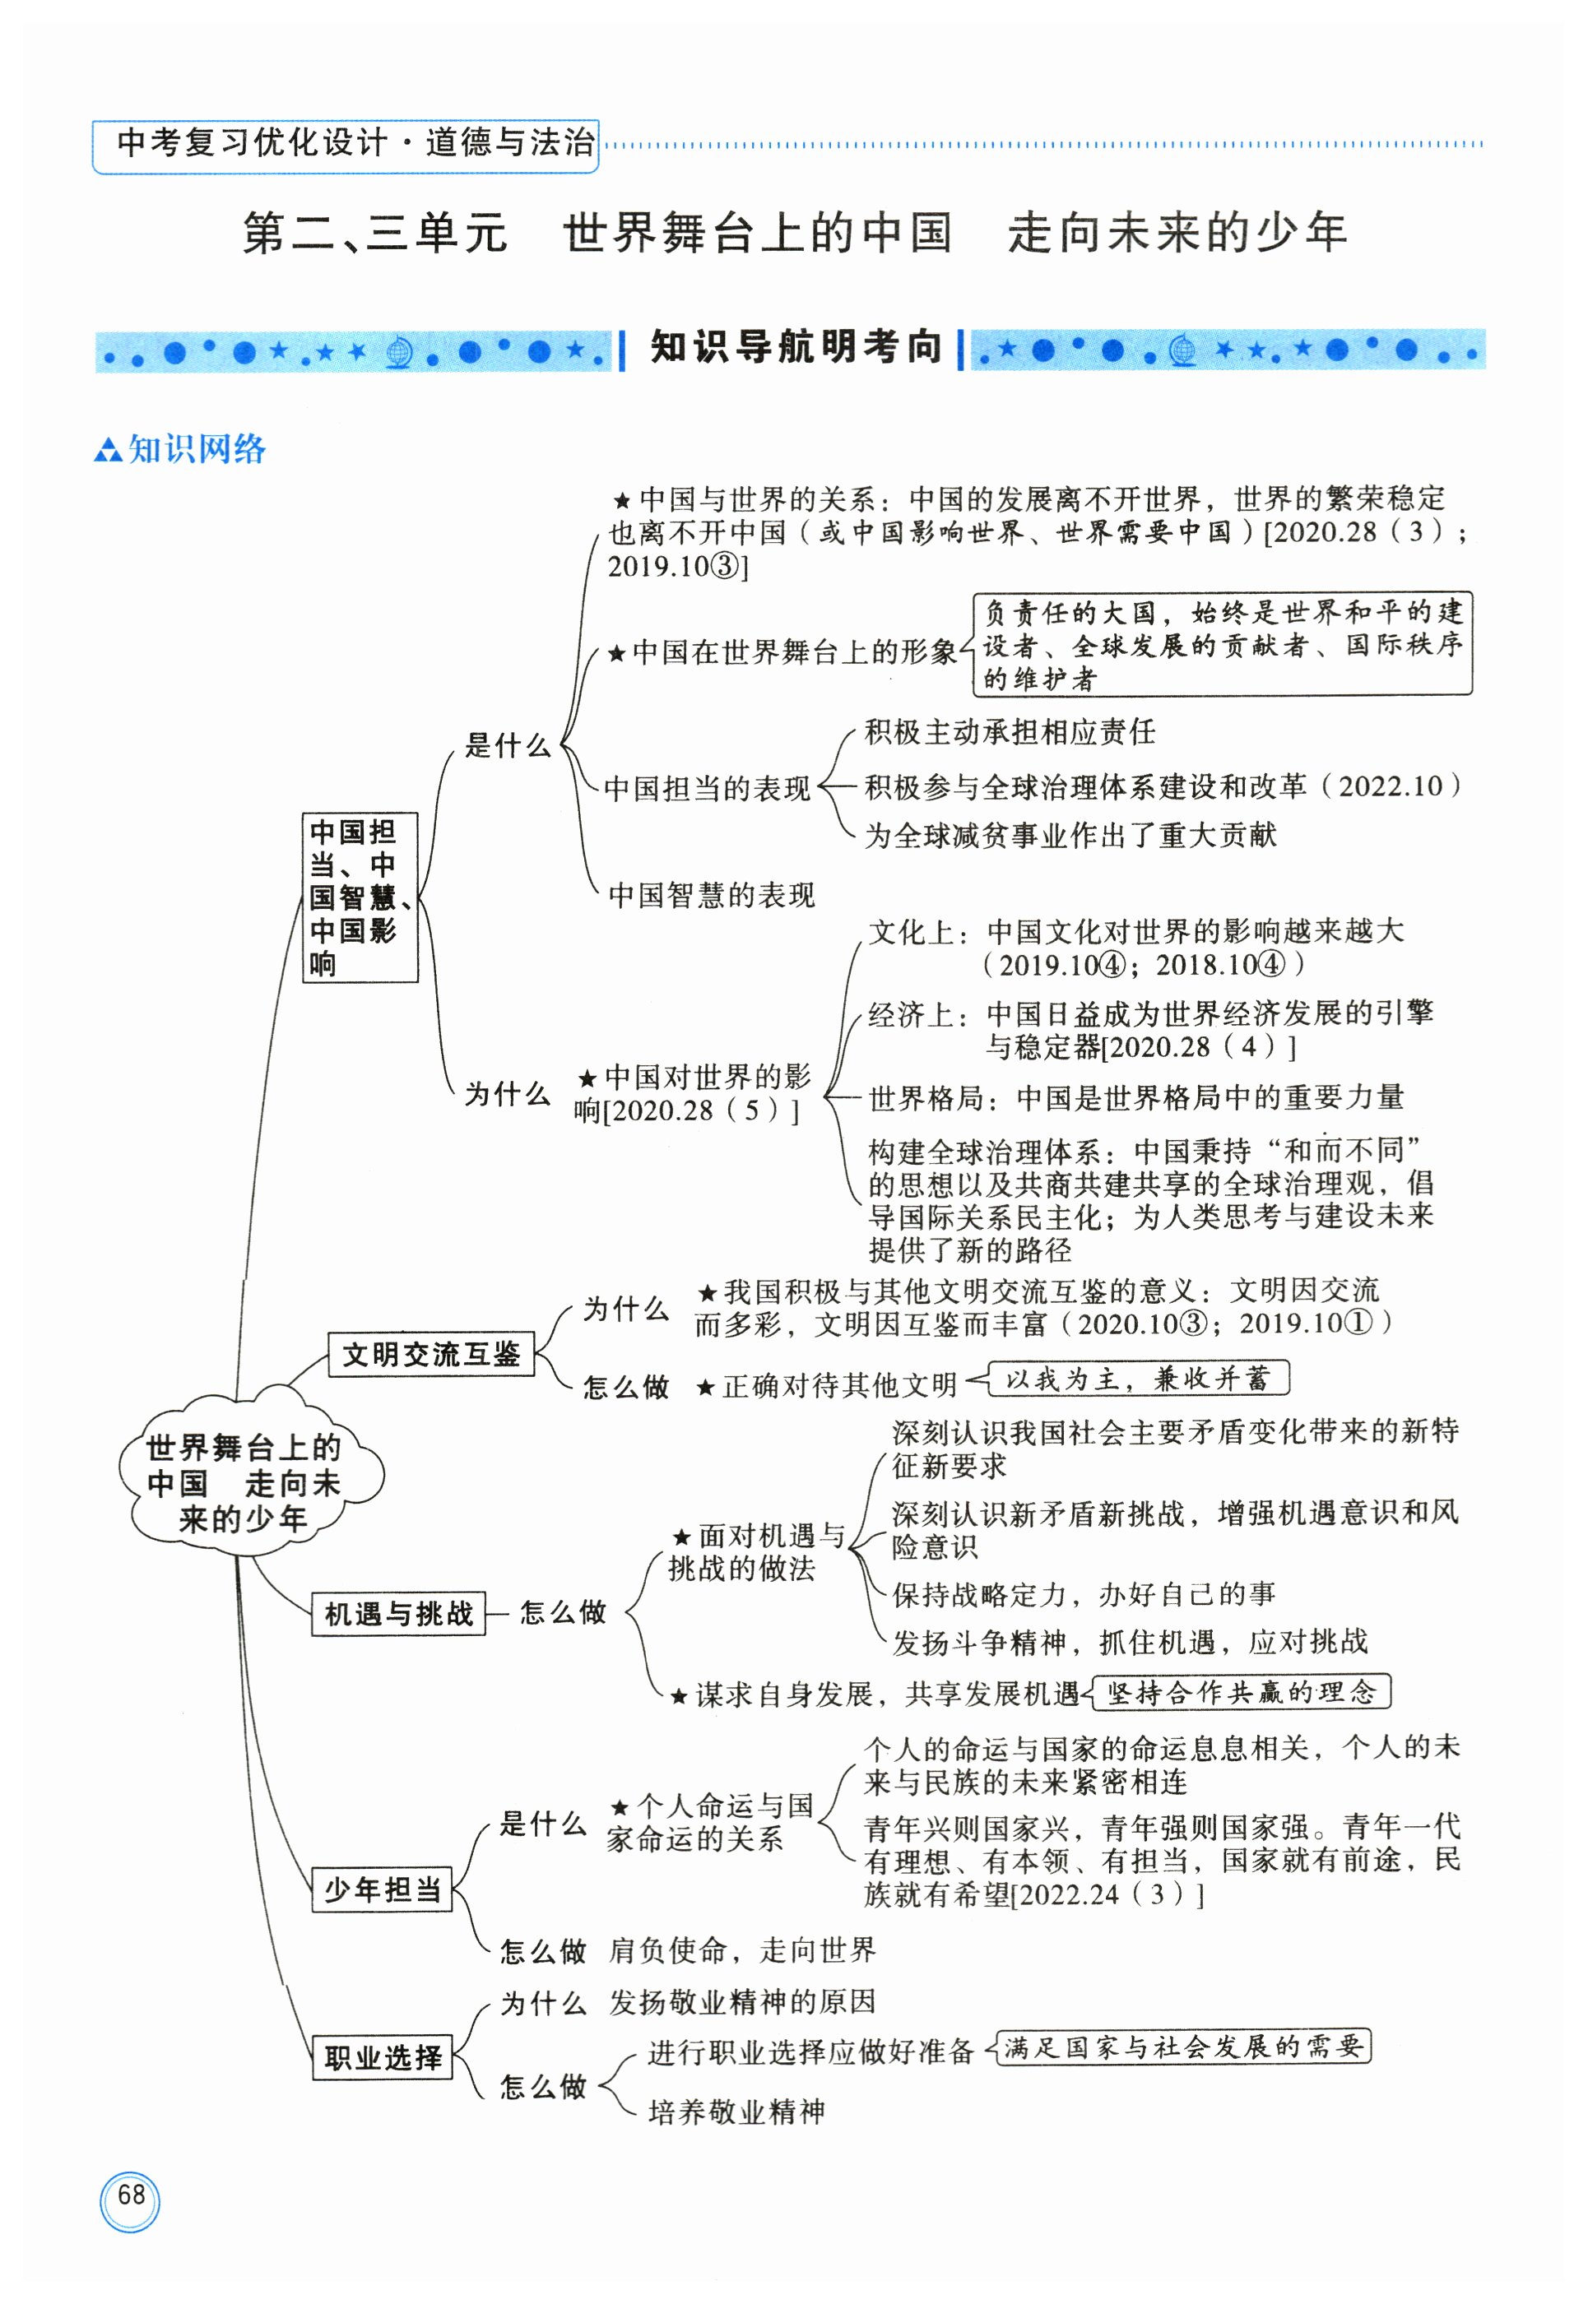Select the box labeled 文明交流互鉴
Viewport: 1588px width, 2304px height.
pos(431,1354)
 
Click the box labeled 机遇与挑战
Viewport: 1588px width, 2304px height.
pos(398,1614)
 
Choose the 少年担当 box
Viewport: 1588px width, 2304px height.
pos(382,1889)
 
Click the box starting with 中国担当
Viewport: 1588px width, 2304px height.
pos(360,897)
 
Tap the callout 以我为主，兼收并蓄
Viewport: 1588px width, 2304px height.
pos(1137,1379)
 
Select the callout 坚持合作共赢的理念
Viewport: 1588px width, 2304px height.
pos(1241,1692)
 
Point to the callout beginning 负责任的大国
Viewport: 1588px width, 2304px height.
pos(1222,645)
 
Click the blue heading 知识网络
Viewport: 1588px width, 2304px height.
pos(195,450)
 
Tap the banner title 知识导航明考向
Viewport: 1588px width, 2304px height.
pos(795,347)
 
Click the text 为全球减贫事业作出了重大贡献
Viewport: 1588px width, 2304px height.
pos(1070,835)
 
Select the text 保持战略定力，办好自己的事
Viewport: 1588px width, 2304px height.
pos(1084,1595)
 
